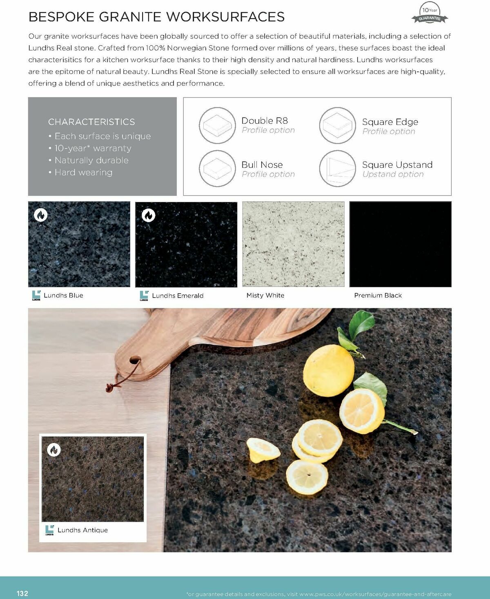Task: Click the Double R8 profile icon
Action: coord(217,125)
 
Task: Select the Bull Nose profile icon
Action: coord(217,168)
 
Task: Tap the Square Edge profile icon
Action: coord(337,125)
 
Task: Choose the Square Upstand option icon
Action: coord(337,168)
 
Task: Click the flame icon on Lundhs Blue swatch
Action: coord(41,215)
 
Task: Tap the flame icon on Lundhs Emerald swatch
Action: coord(148,215)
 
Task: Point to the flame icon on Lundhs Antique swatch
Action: coord(54,450)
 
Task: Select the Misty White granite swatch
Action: coord(293,244)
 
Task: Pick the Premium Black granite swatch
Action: coord(400,244)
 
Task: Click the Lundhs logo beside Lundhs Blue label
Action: coord(36,295)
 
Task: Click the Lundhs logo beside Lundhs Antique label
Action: coord(49,530)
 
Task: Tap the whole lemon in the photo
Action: coord(328,370)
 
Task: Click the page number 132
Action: coord(22,593)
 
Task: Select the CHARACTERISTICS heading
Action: coord(91,122)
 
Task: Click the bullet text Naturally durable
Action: coord(91,160)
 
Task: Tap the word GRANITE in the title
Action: coord(130,17)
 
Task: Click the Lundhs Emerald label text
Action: coord(178,296)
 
